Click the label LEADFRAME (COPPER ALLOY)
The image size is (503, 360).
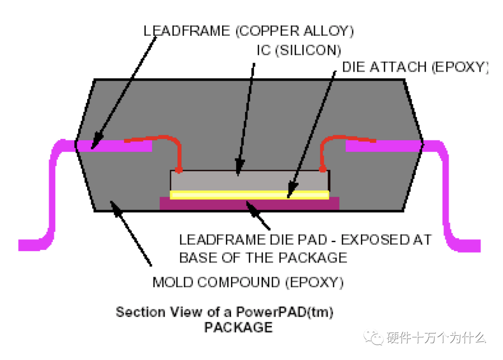(249, 31)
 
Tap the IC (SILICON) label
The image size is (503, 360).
(299, 50)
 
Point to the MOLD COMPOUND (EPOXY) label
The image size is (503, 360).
(249, 282)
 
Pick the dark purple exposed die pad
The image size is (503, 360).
(196, 204)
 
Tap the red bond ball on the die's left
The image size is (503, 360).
(178, 169)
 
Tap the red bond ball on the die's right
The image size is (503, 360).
(322, 169)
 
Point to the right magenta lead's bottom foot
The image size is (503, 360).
(466, 245)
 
